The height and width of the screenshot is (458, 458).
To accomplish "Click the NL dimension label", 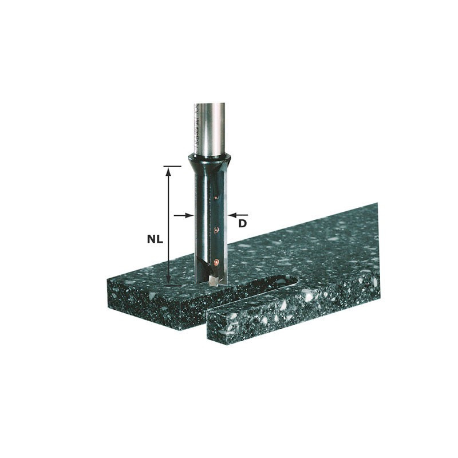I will (154, 240).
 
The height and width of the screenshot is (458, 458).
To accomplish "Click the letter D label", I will (242, 223).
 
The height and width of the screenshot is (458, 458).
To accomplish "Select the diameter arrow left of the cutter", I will (182, 215).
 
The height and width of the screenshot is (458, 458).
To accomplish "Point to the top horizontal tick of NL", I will (168, 167).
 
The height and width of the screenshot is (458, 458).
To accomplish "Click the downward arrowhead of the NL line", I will (168, 278).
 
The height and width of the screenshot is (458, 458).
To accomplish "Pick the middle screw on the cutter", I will (216, 230).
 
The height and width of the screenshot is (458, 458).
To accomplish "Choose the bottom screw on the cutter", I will (216, 262).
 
